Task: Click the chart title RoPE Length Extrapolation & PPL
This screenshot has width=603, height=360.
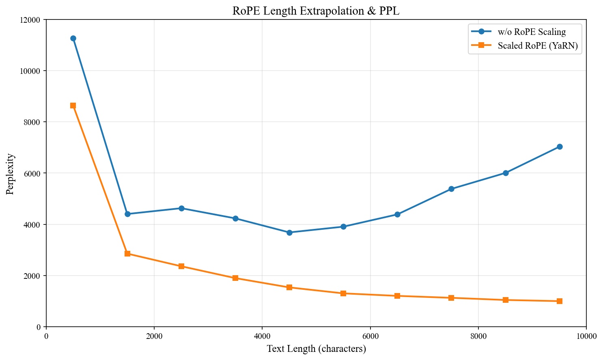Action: (316, 11)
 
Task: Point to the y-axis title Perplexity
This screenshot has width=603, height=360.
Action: (10, 174)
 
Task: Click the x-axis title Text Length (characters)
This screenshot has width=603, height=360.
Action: (316, 349)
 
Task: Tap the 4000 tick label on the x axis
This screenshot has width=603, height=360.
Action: (262, 336)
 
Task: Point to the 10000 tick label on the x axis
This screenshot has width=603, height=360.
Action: (586, 336)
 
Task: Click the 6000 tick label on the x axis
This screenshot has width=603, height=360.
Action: (370, 336)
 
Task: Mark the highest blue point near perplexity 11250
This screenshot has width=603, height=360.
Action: (73, 39)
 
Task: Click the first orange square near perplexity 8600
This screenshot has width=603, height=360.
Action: (73, 106)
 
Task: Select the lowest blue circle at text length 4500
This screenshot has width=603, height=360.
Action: (289, 233)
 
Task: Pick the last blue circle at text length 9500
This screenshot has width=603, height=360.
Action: (560, 147)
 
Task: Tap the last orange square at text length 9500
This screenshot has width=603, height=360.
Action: (560, 301)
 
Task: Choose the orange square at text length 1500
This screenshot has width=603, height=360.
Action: (127, 254)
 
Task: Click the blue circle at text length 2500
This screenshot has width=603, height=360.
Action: (181, 208)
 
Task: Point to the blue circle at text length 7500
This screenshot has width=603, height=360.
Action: (452, 189)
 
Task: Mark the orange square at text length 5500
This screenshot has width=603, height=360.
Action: (343, 293)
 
